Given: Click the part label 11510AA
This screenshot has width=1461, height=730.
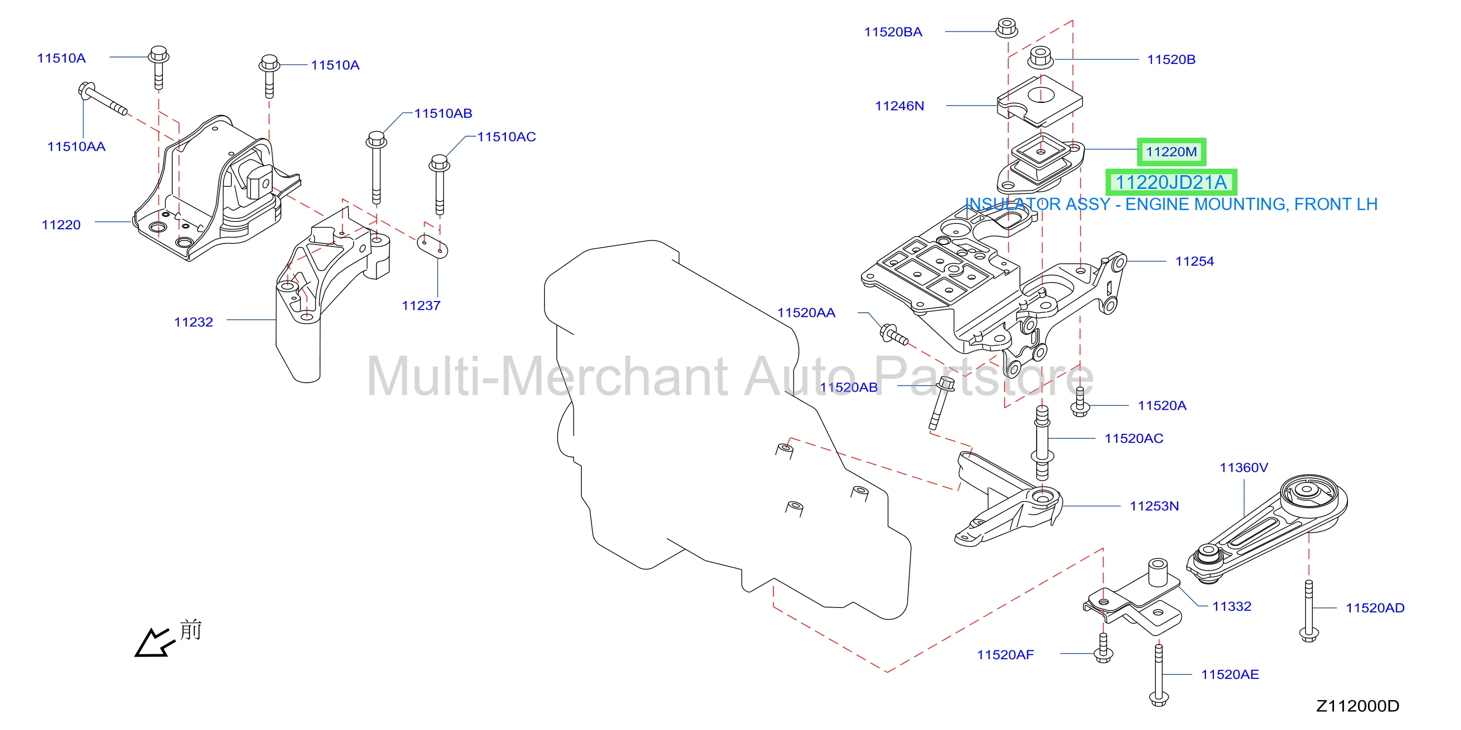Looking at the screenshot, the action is click(x=76, y=147).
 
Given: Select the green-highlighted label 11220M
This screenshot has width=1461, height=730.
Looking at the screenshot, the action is click(x=1171, y=152).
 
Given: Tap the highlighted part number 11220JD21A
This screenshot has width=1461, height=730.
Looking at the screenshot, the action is click(x=1171, y=182).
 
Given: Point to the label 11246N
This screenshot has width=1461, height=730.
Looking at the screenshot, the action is click(x=899, y=106).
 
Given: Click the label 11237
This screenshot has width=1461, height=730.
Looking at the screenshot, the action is click(x=421, y=306).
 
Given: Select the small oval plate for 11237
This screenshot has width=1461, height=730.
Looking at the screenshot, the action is click(x=432, y=246).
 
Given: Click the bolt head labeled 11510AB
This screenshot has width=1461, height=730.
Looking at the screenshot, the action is click(x=377, y=139).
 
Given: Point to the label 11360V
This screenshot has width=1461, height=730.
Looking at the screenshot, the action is click(x=1244, y=468).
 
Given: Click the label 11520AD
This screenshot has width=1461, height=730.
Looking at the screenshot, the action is click(x=1375, y=608).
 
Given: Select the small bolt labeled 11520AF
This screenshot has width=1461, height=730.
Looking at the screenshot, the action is click(x=1103, y=648).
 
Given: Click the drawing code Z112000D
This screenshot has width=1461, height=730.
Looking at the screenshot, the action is click(x=1357, y=706).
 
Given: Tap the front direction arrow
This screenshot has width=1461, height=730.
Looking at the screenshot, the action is click(x=153, y=643).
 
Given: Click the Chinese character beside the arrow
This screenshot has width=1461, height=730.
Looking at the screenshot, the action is click(x=191, y=630).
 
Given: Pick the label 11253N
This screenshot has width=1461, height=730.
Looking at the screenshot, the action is click(x=1154, y=506).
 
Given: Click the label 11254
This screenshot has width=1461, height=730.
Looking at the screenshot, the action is click(x=1194, y=261).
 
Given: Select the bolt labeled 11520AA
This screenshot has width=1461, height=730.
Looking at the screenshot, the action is click(x=893, y=335).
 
